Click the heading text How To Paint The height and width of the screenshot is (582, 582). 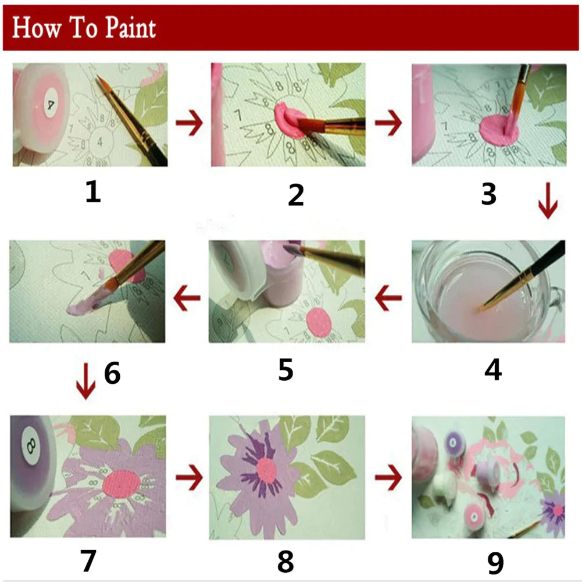click(84, 27)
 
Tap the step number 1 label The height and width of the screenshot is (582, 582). click(92, 192)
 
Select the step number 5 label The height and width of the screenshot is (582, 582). click(285, 370)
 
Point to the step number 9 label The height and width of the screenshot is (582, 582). click(495, 562)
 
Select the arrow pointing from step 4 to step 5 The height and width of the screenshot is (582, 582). click(388, 301)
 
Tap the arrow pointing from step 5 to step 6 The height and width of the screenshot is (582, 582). click(187, 298)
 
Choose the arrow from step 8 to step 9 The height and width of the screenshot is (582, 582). click(388, 478)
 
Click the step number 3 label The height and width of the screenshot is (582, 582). click(488, 195)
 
